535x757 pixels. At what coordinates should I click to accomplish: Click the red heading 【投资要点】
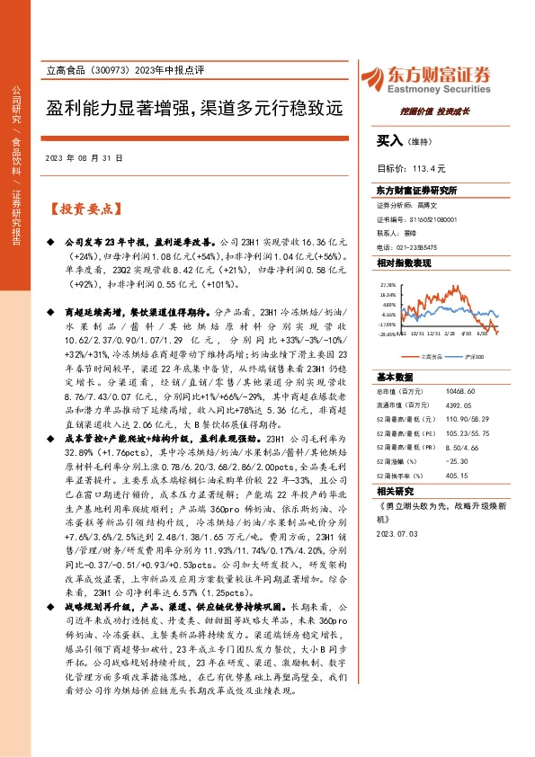click(x=82, y=209)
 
